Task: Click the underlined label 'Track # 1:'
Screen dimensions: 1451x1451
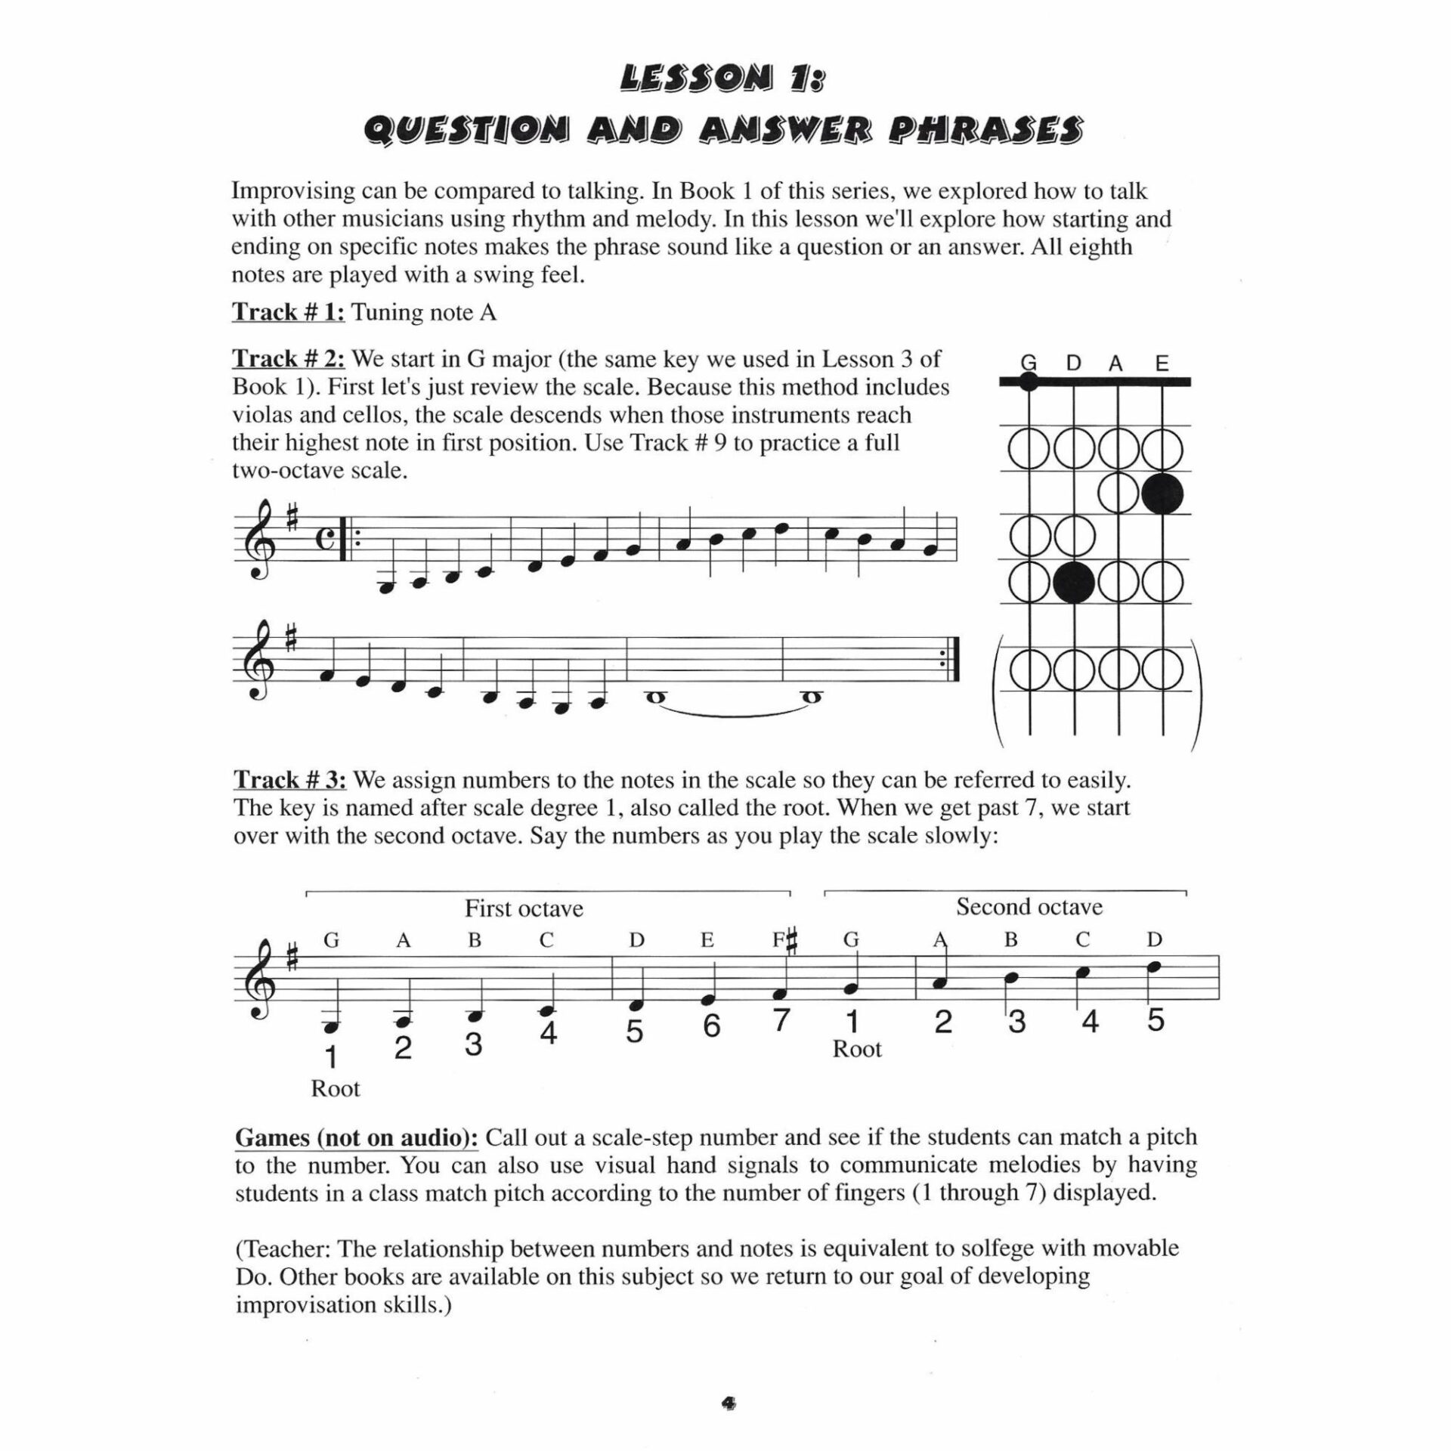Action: point(288,312)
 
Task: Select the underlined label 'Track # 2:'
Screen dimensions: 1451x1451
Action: point(288,358)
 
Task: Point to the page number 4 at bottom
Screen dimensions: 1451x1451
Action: point(728,1403)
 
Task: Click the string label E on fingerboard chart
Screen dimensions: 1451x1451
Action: point(1162,364)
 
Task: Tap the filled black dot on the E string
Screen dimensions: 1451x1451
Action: point(1162,494)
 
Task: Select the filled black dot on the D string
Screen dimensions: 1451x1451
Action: point(1074,583)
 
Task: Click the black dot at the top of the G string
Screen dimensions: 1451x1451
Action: point(1029,382)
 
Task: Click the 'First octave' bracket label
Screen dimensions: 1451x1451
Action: point(524,908)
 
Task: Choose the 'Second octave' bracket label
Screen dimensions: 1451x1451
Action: point(1029,907)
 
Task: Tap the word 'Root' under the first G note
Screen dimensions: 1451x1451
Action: point(335,1089)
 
